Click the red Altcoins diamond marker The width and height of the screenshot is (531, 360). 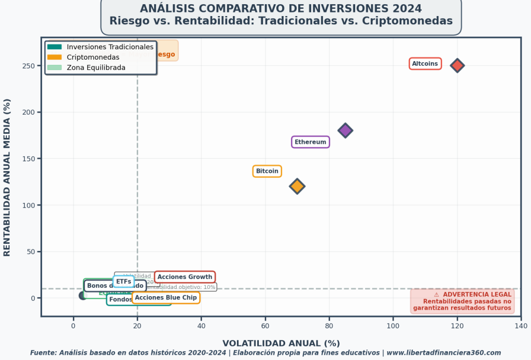pyautogui.click(x=457, y=65)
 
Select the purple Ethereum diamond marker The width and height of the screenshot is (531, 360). pyautogui.click(x=345, y=130)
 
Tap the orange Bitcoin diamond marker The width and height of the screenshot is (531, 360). pyautogui.click(x=297, y=186)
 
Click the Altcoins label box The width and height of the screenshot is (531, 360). pyautogui.click(x=425, y=64)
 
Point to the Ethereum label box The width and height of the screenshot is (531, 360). pyautogui.click(x=310, y=142)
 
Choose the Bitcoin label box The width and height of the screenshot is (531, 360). pyautogui.click(x=267, y=171)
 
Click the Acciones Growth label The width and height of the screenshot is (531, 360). pyautogui.click(x=185, y=277)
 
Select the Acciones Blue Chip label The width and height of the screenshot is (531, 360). pyautogui.click(x=166, y=298)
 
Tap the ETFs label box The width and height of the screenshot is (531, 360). pyautogui.click(x=123, y=282)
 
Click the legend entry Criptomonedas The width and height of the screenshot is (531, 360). pyautogui.click(x=93, y=57)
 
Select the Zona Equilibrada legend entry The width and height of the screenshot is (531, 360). pyautogui.click(x=96, y=67)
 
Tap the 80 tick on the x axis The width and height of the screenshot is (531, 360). pyautogui.click(x=329, y=326)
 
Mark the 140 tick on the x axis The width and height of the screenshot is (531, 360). pyautogui.click(x=521, y=326)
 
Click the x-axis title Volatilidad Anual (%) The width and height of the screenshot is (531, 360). pyautogui.click(x=281, y=343)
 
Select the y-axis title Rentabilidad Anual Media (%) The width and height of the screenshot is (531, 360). pyautogui.click(x=7, y=177)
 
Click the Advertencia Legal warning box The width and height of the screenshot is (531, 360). pyautogui.click(x=463, y=301)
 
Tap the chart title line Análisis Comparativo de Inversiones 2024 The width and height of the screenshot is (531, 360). pyautogui.click(x=281, y=9)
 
